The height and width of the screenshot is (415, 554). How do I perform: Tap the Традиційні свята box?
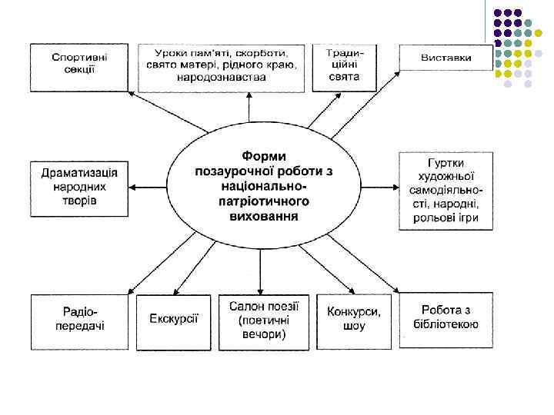tap(339, 65)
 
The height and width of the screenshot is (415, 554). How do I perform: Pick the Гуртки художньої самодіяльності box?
tap(446, 191)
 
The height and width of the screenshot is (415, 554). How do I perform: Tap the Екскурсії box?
tap(173, 321)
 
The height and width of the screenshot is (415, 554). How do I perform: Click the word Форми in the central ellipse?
tap(264, 154)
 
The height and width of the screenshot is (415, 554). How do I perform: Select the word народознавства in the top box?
tap(221, 78)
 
